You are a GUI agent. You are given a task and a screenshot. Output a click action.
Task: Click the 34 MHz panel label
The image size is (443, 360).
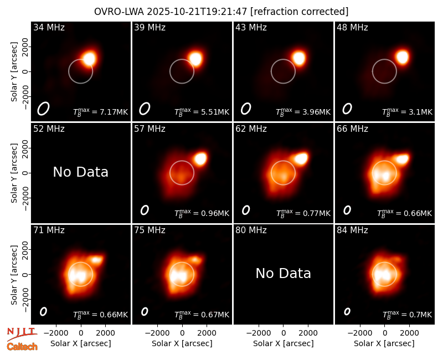(x=49, y=27)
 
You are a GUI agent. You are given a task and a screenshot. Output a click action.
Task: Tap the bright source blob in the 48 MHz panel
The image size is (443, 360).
(x=403, y=57)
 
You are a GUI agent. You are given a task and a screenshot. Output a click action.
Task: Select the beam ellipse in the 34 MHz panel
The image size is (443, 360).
(x=43, y=109)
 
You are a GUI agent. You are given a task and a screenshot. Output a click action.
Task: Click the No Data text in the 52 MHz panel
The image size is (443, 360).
(x=80, y=172)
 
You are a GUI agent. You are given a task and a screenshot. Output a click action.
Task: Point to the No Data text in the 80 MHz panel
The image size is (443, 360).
(x=283, y=273)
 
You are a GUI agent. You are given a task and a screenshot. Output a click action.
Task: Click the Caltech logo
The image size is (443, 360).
(x=22, y=347)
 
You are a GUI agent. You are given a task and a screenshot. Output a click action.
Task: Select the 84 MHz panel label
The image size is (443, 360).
(x=352, y=230)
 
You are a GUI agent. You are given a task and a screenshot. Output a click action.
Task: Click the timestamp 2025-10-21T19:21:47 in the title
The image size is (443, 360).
(x=197, y=12)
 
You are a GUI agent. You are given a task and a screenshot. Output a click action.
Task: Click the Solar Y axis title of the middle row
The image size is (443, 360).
(x=14, y=173)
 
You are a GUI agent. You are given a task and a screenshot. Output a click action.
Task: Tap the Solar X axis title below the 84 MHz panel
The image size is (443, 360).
(x=384, y=343)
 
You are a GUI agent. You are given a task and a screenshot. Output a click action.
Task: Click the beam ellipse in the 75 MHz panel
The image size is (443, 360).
(x=145, y=311)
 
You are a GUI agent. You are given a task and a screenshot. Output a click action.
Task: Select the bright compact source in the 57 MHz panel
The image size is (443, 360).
(x=200, y=158)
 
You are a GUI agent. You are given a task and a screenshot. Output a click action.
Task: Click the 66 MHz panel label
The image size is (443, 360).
(x=352, y=129)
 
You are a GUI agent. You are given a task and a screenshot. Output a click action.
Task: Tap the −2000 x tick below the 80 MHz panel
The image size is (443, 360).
(x=259, y=333)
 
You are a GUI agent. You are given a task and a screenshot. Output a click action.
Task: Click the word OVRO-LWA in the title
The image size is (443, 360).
(x=119, y=12)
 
